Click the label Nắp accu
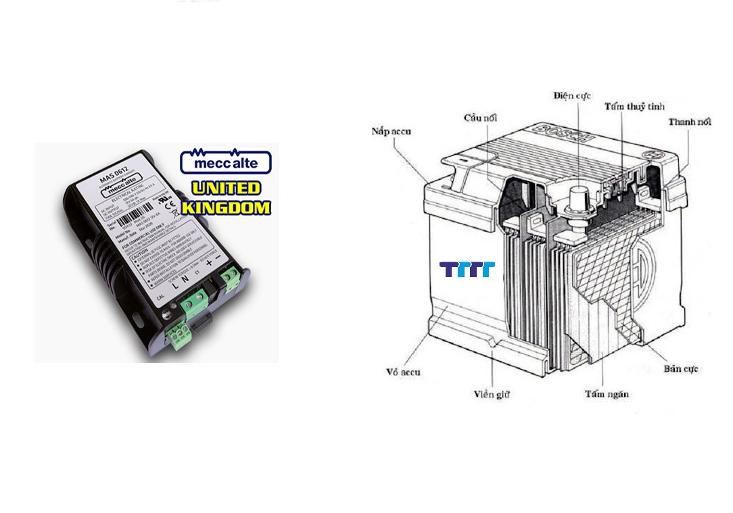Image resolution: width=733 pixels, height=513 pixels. point(391,131)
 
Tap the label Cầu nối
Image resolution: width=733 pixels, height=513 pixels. point(480,118)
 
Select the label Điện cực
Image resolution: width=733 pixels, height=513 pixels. point(571,96)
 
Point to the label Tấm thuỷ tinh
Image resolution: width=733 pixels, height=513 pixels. point(634,107)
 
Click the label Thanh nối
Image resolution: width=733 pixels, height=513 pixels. point(690,122)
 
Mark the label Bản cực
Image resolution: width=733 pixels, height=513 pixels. point(680,369)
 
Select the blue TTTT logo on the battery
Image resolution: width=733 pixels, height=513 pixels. point(467,270)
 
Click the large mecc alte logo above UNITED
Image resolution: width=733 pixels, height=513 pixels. point(225,162)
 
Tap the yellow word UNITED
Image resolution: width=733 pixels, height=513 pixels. point(225,189)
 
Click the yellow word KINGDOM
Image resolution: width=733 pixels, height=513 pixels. point(225,207)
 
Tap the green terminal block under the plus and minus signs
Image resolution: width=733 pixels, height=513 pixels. point(230,276)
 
